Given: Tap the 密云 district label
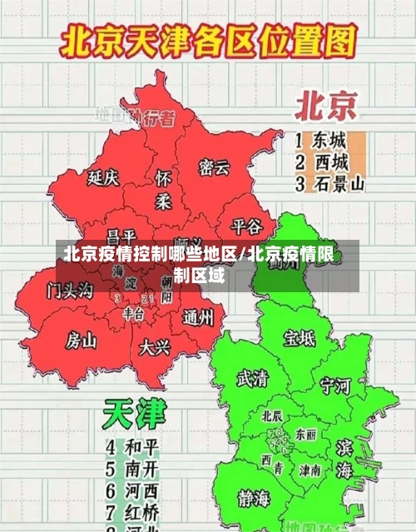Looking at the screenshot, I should click(213, 167).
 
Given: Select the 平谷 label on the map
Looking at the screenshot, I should click(246, 226).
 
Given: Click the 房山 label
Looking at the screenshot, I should click(82, 340).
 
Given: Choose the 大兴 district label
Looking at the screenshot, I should click(156, 346).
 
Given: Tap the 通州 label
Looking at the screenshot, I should click(199, 317).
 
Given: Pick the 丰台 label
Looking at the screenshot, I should click(133, 313).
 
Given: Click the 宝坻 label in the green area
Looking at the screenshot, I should click(299, 337).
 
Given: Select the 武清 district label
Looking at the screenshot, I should click(252, 378).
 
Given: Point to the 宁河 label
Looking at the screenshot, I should click(335, 385).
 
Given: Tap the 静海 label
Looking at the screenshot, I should click(255, 499).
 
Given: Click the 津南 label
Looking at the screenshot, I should click(310, 470).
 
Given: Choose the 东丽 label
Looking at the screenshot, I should click(305, 435).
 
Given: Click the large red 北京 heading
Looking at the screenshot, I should click(325, 107).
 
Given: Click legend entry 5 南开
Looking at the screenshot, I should click(133, 468).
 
